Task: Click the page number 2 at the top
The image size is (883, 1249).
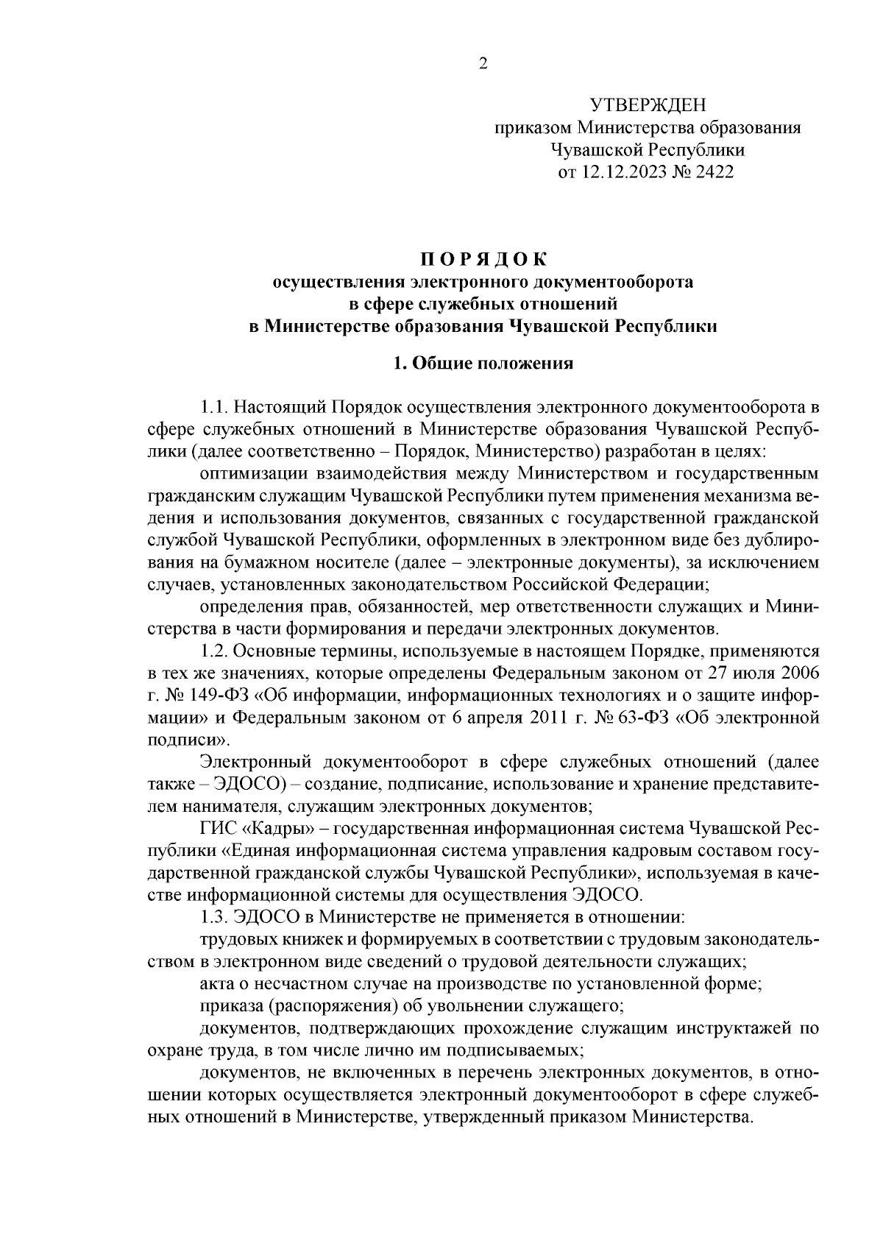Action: tap(483, 64)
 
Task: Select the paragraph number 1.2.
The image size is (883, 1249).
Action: tap(214, 651)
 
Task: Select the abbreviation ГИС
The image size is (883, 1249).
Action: tap(216, 829)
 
